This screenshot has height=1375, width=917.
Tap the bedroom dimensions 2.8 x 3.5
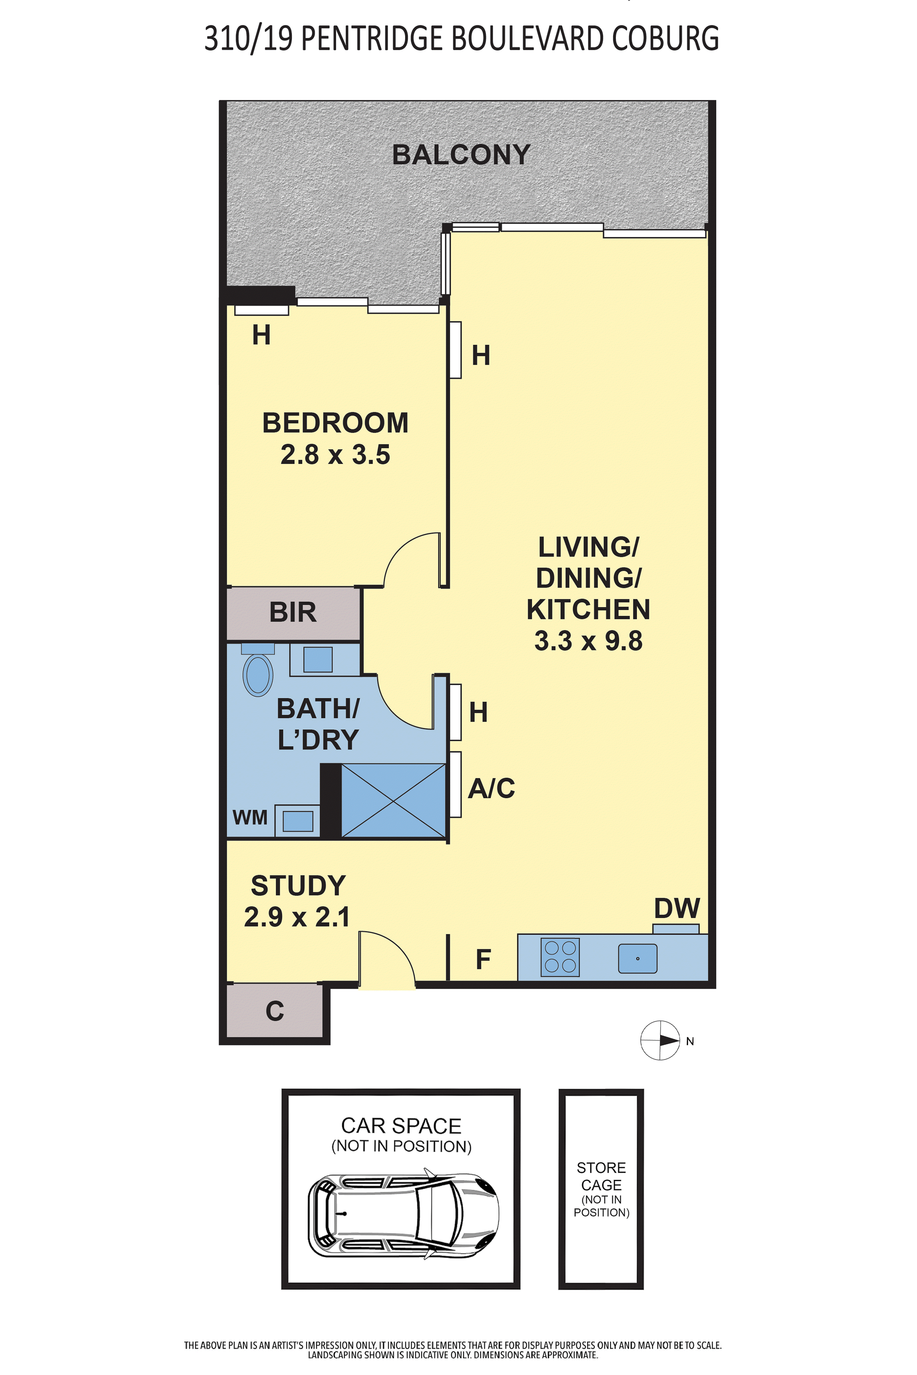[x=335, y=455]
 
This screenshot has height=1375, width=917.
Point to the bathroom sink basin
[x=318, y=659]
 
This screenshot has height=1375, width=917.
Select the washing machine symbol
[x=298, y=821]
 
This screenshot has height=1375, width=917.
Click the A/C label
[x=491, y=788]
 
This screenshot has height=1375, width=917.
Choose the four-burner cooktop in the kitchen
[x=560, y=957]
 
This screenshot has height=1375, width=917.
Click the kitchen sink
[x=637, y=959]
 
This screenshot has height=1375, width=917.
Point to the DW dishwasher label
[x=677, y=908]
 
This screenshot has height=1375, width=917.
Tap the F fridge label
[x=483, y=959]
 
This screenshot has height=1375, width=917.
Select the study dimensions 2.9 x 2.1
[x=297, y=917]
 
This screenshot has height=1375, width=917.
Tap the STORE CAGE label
[x=601, y=1176]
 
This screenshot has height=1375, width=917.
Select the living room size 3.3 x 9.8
[x=588, y=641]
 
